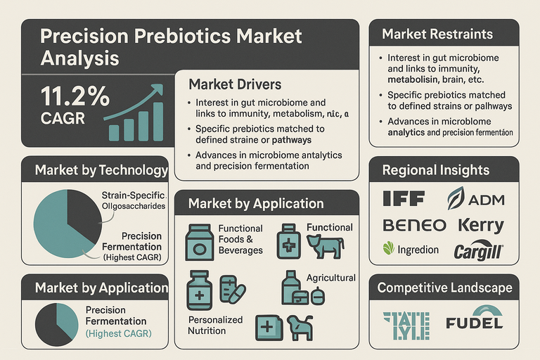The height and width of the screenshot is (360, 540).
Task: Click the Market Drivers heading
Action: (x=234, y=84)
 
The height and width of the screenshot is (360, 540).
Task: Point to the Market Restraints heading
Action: (x=437, y=34)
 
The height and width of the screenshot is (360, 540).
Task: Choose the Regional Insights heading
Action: (x=436, y=170)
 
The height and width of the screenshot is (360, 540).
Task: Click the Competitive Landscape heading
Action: (x=444, y=288)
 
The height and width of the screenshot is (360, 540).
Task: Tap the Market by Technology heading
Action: (x=101, y=170)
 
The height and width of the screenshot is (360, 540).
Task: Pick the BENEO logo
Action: (x=414, y=225)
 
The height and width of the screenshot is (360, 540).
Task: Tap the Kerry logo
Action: (x=481, y=226)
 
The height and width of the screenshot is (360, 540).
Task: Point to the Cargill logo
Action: (x=477, y=250)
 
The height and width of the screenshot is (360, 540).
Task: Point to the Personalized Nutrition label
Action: (x=215, y=325)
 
